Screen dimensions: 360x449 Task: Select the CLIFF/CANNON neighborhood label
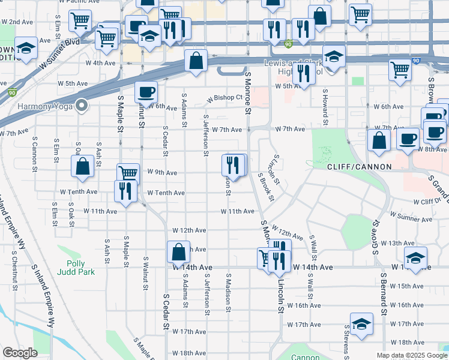click(x=359, y=166)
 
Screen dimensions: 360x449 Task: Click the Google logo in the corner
click(x=20, y=352)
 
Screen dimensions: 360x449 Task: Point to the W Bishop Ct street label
click(x=224, y=98)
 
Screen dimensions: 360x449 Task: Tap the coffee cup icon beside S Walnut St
click(x=146, y=92)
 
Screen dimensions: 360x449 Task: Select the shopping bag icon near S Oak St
click(x=83, y=166)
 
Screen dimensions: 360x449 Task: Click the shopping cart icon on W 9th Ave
click(x=128, y=174)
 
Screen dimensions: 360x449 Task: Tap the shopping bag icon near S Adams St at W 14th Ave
click(x=178, y=251)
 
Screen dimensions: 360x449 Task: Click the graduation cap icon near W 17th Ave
click(x=361, y=325)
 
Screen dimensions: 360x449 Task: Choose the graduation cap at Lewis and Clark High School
click(x=334, y=58)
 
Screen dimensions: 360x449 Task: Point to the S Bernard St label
click(x=382, y=294)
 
